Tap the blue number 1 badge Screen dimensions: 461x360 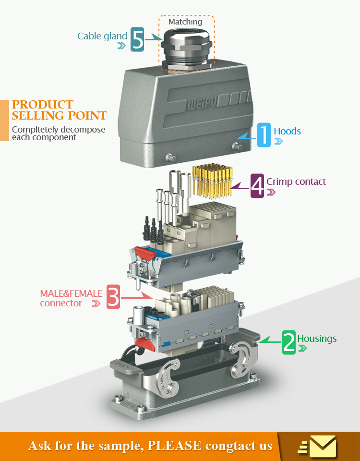[x=264, y=134]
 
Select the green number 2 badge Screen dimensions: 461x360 [x=289, y=342]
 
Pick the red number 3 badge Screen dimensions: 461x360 [x=113, y=297]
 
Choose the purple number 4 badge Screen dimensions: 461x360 [x=257, y=185]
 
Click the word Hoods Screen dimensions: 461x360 [x=287, y=131]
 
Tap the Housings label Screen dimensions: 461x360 [x=317, y=339]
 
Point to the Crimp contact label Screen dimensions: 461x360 [x=296, y=182]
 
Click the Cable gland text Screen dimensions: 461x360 [x=102, y=36]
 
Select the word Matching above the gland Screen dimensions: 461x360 [x=185, y=22]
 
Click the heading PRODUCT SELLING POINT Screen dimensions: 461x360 [x=59, y=110]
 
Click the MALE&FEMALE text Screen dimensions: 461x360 [x=71, y=293]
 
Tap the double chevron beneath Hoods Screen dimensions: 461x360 [x=278, y=142]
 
